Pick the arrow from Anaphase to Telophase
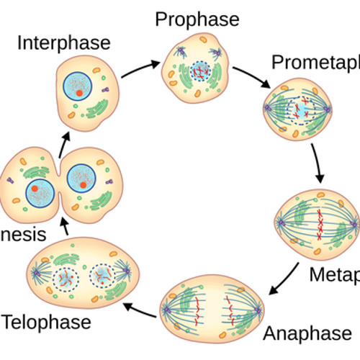click(x=140, y=310)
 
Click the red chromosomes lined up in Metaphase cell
click(x=319, y=224)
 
